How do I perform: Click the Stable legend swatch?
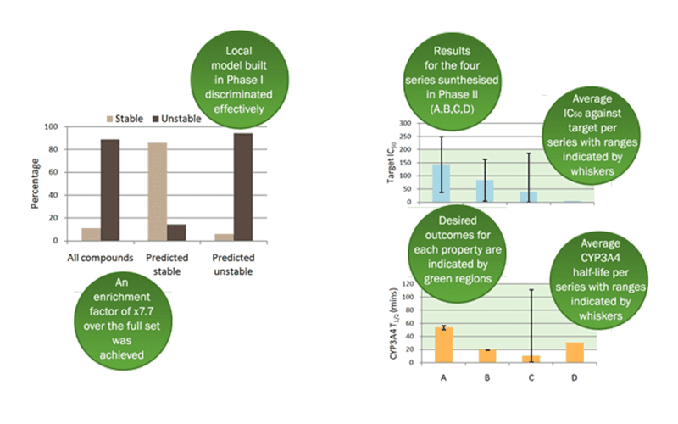(110, 119)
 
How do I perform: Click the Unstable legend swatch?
(156, 119)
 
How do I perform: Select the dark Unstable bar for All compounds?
(110, 190)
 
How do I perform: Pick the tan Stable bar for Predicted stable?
(158, 192)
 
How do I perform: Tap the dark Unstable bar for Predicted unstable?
(243, 187)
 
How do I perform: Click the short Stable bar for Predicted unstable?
(224, 237)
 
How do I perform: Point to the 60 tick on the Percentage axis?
(53, 172)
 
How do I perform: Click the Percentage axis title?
(35, 183)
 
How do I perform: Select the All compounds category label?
(100, 258)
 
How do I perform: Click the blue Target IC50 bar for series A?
(441, 183)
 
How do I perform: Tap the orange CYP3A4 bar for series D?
(575, 353)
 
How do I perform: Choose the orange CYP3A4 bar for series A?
(443, 345)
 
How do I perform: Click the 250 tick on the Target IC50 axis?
(406, 137)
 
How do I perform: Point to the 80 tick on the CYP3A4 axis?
(408, 310)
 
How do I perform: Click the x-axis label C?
(531, 378)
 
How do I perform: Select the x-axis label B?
(487, 378)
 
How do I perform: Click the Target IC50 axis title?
(392, 163)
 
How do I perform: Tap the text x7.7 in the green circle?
(143, 311)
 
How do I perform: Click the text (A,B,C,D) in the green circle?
(452, 109)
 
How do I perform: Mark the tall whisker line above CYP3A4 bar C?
(531, 326)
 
